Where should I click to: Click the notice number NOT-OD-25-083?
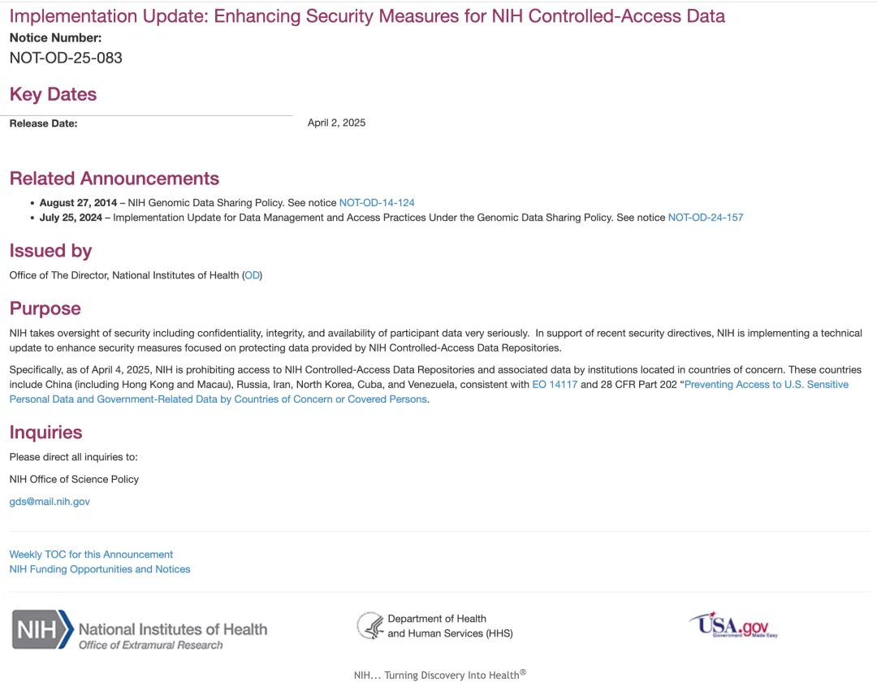pos(66,58)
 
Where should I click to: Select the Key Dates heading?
pos(53,94)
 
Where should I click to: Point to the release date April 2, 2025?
pos(336,123)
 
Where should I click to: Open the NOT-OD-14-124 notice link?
pos(377,202)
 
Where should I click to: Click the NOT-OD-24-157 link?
pos(705,218)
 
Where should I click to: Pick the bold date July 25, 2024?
pos(71,218)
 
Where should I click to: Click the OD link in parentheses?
pos(253,275)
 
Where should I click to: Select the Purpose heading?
pos(45,308)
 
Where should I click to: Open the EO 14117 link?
pos(555,384)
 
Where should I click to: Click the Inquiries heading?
pos(45,432)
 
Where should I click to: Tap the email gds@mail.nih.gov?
pos(50,502)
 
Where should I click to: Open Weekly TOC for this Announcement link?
pos(91,554)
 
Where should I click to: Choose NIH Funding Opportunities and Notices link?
pos(100,569)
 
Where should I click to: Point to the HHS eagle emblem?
pos(370,626)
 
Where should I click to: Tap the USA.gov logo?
pos(733,625)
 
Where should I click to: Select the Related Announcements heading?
pos(114,179)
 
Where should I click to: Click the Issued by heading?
pos(50,251)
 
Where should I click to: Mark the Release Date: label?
pos(43,123)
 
